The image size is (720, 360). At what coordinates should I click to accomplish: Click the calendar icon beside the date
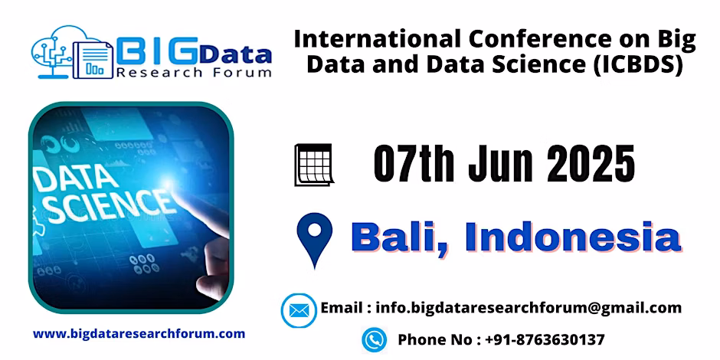313,165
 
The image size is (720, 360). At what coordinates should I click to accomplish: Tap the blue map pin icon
314,240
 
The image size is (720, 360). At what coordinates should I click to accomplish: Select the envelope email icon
299,311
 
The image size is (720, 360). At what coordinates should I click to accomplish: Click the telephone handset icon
375,340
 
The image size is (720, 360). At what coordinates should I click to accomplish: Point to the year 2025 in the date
591,163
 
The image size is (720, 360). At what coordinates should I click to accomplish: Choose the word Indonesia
573,237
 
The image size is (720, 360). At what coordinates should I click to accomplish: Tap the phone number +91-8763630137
545,340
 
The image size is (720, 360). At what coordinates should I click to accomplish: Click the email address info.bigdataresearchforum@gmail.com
529,308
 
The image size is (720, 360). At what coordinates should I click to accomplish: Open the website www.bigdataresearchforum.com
139,334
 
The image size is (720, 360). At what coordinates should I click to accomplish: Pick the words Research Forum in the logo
193,72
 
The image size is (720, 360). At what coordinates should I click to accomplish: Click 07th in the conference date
414,163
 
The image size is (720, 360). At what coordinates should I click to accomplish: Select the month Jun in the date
500,163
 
